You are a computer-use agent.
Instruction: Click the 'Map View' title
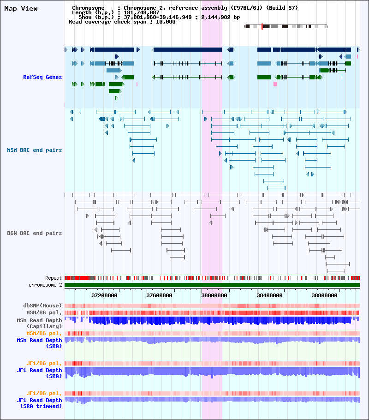coord(21,9)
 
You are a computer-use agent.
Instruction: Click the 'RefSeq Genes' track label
coord(42,77)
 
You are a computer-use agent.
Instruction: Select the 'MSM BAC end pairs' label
coord(35,150)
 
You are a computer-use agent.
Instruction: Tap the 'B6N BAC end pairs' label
coord(35,233)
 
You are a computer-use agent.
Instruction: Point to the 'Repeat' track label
coord(54,278)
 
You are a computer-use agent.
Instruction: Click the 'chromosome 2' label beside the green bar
coord(45,285)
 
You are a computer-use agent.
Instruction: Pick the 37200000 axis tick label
coord(105,295)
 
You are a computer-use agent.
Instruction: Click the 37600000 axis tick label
coord(160,295)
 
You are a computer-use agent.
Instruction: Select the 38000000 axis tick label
coord(214,295)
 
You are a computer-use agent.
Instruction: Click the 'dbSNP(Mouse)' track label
coord(42,306)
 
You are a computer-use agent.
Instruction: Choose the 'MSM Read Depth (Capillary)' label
coord(39,323)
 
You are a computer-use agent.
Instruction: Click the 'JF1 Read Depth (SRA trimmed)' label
coord(39,403)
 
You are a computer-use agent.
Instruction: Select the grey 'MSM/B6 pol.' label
coord(44,312)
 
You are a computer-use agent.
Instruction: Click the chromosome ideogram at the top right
coord(286,27)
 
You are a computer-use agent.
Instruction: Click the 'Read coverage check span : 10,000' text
coord(122,22)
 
